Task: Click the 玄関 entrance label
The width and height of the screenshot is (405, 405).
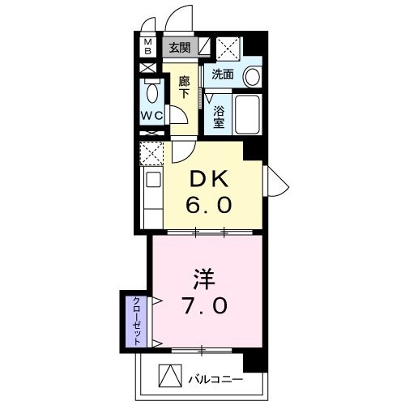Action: (x=179, y=47)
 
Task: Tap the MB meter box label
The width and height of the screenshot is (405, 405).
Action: (x=148, y=48)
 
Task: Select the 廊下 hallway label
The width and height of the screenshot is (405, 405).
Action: (x=185, y=87)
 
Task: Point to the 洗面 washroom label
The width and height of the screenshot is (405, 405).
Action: (x=223, y=75)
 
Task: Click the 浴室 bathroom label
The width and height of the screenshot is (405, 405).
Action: (x=220, y=115)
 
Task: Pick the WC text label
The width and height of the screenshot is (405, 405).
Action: (x=151, y=115)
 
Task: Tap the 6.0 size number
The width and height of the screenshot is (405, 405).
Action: (x=212, y=205)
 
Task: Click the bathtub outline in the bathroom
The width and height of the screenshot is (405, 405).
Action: (x=246, y=115)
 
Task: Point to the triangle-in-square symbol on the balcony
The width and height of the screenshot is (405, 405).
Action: (x=168, y=376)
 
